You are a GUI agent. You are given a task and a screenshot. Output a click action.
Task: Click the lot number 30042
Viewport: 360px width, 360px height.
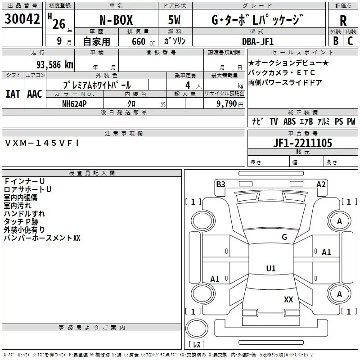point(21,19)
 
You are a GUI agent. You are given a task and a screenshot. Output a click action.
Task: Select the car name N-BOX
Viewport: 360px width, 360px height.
point(115,21)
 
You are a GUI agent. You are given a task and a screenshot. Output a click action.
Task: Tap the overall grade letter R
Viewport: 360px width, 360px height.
point(343,21)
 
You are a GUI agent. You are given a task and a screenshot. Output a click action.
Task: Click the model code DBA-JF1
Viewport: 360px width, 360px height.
point(258,41)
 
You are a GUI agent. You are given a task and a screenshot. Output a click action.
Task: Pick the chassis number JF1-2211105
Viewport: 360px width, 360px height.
point(302,143)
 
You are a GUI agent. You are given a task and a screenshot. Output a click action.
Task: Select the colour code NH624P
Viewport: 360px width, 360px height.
point(75,103)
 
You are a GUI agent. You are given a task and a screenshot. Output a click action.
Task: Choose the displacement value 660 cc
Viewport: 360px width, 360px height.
point(136,41)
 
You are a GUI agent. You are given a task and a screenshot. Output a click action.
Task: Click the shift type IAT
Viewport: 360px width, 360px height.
point(13,94)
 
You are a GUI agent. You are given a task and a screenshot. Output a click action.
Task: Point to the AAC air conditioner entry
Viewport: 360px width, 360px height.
point(34,94)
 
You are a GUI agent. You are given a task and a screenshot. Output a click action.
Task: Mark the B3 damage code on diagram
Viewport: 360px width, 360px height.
point(220,184)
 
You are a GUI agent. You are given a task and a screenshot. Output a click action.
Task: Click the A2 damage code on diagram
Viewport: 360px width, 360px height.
point(321,184)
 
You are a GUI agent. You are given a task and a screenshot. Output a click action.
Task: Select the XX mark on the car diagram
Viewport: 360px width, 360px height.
point(288,299)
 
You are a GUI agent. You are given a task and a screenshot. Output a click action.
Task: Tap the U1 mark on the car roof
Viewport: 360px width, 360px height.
point(270,268)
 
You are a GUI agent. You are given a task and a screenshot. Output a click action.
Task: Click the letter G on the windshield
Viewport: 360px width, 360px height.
point(284,237)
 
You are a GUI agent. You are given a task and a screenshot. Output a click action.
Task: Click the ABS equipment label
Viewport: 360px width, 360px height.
point(290,121)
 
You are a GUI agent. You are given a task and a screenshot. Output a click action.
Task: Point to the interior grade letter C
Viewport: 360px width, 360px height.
point(350,41)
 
